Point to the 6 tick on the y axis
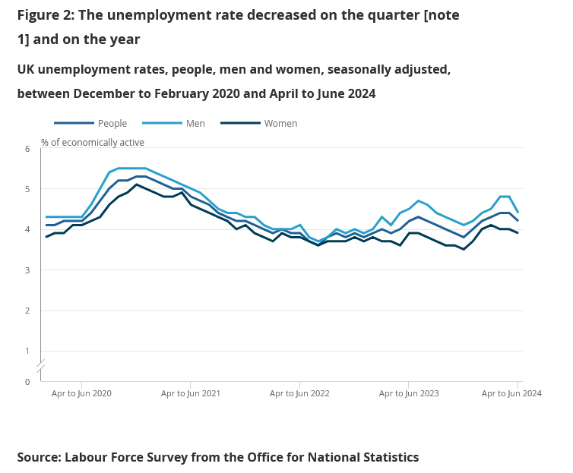[x=27, y=149]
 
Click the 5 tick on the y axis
[x=27, y=189]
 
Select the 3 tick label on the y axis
[x=27, y=270]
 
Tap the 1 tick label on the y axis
[x=27, y=351]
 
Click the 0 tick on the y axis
[x=27, y=381]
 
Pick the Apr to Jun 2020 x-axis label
[x=81, y=393]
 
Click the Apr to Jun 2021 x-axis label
[x=191, y=393]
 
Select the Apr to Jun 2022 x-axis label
[x=299, y=393]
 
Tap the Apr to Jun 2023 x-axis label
[x=409, y=393]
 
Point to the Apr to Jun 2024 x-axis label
[x=511, y=393]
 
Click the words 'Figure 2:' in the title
[x=46, y=15]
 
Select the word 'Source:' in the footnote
[x=39, y=457]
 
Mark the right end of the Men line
[x=518, y=213]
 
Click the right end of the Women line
[x=518, y=233]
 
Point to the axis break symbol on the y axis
[x=41, y=366]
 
